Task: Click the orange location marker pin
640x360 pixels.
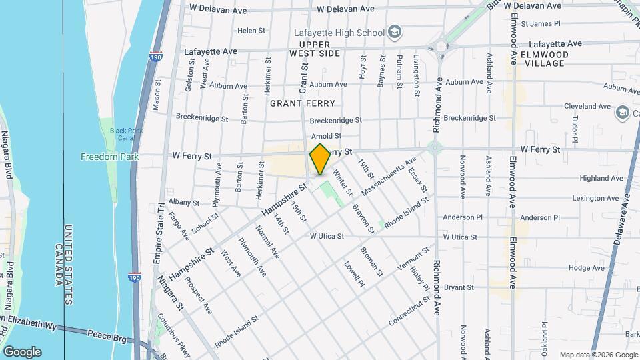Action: pos(320,159)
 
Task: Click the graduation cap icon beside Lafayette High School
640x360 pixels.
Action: pos(395,33)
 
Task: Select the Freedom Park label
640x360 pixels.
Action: pos(109,157)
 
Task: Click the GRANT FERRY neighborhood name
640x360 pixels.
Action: pos(302,103)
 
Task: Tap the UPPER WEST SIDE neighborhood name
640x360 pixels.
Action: pos(315,49)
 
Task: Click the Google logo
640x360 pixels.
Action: pos(22,351)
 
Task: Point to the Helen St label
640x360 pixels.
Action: pos(251,31)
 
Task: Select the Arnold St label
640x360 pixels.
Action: pos(326,136)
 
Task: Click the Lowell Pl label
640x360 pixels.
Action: pos(354,274)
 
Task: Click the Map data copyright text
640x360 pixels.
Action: pos(599,354)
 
